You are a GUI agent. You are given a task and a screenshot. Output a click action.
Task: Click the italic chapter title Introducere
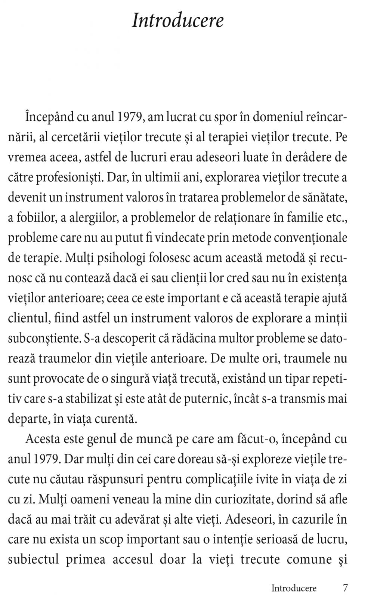[178, 21]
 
